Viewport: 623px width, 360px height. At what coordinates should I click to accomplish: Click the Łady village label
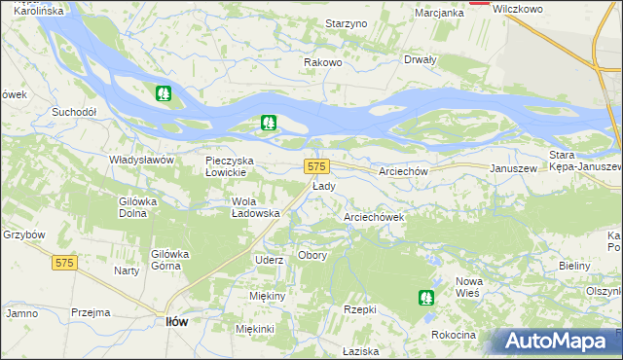click(324, 186)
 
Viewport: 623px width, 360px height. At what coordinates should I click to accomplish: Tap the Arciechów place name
click(404, 170)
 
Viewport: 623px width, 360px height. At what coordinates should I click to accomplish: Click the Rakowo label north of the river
click(322, 62)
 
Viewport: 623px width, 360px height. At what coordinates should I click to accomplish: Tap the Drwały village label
click(420, 58)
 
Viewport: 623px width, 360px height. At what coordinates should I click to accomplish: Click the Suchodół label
click(74, 112)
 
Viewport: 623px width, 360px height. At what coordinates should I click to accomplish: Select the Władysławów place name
click(140, 159)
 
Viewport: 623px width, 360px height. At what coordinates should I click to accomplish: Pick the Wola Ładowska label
click(255, 207)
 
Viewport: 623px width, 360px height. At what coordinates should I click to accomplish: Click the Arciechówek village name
click(374, 218)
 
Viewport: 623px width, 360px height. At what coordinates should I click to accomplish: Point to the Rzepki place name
click(360, 308)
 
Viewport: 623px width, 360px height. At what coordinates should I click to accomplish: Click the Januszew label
click(514, 168)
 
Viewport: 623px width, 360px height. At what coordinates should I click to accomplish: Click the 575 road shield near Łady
click(316, 166)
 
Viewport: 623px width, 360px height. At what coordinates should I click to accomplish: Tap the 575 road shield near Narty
click(65, 263)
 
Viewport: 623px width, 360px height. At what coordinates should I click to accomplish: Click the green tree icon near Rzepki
click(424, 297)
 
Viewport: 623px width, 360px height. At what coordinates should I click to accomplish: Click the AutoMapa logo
click(556, 342)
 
